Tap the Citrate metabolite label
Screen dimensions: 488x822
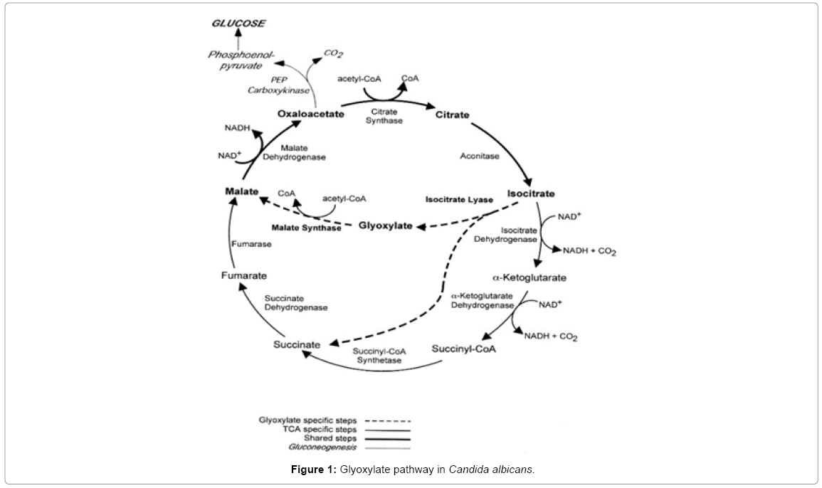point(452,115)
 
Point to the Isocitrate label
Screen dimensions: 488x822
point(531,193)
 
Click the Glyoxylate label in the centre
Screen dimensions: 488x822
point(385,226)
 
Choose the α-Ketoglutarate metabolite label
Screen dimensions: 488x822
point(530,276)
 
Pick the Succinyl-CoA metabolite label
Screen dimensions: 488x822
point(463,349)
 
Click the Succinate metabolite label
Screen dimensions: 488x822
point(297,345)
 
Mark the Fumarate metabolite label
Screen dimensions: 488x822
point(243,275)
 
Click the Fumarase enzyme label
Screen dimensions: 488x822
point(251,243)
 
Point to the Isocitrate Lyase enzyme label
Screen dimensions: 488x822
point(458,200)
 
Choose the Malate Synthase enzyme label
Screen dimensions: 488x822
point(305,228)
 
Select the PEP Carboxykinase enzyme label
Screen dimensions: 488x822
point(268,85)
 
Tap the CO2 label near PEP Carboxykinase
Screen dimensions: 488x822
point(333,53)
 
